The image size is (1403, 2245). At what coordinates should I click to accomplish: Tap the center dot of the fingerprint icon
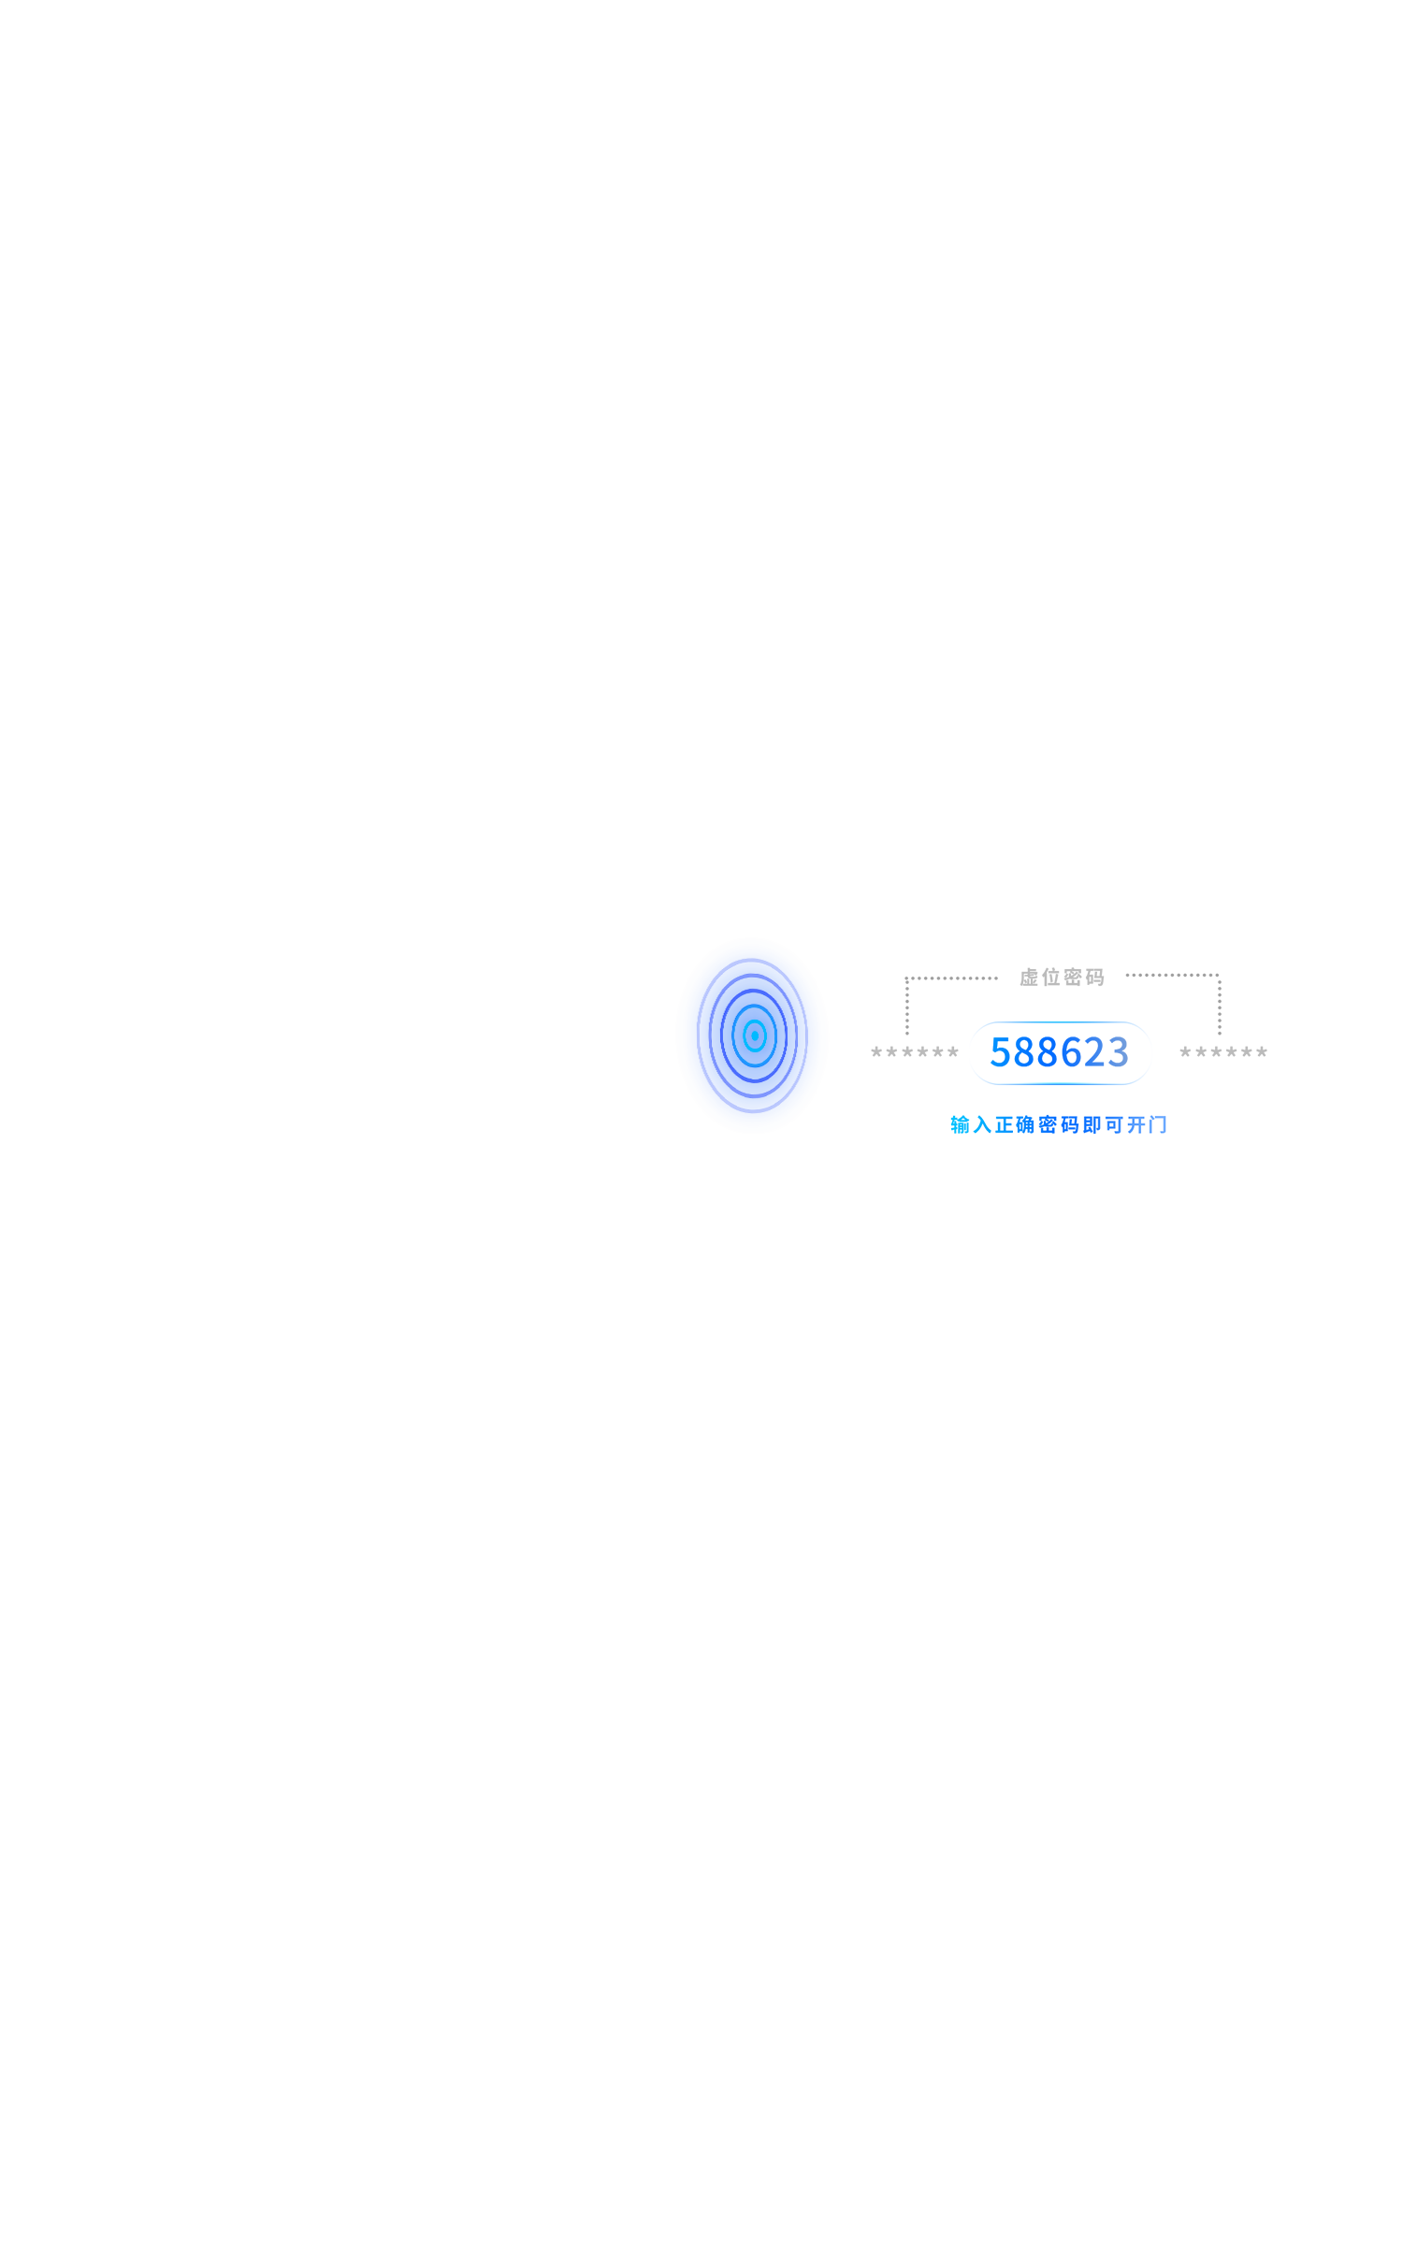755,1036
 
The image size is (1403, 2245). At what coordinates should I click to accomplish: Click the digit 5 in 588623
1001,1052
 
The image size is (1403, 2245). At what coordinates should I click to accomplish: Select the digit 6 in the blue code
1071,1052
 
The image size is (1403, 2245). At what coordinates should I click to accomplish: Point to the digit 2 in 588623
1094,1052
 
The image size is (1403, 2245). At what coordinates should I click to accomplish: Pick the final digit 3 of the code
1118,1052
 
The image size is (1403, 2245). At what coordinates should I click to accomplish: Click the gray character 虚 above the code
1029,978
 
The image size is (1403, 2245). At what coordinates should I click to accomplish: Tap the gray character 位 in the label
1051,978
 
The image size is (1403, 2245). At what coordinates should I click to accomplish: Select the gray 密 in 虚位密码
1073,978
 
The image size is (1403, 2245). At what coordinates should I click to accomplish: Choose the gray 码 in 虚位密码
1095,978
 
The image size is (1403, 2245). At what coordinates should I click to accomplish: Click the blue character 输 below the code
961,1124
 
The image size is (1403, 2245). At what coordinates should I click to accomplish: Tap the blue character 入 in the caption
982,1124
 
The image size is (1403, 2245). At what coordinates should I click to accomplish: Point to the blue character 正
1005,1124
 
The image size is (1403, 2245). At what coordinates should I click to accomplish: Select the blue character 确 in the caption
1026,1124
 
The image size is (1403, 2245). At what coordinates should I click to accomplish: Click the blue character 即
1092,1124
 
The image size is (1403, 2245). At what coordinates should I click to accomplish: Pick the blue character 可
1114,1124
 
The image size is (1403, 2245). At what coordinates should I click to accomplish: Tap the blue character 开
1135,1124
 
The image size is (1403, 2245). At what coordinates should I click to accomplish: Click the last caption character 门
1158,1124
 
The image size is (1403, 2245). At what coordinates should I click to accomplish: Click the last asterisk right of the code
1262,1052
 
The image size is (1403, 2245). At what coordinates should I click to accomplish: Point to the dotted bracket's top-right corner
1219,975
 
